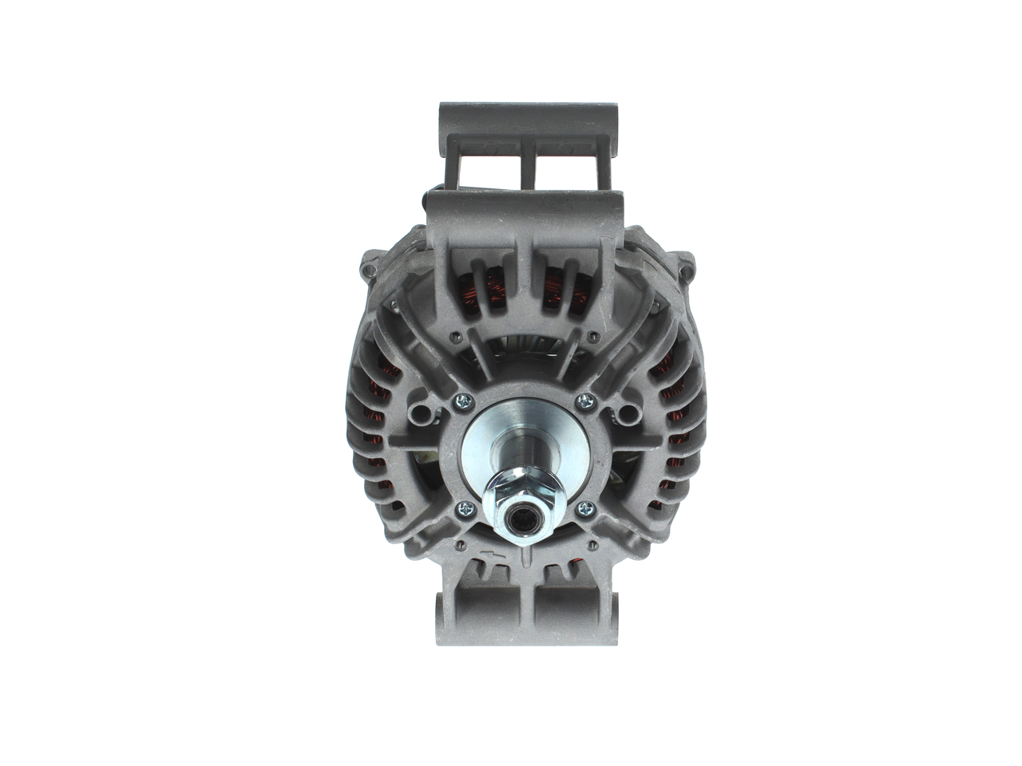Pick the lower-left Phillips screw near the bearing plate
click(465, 507)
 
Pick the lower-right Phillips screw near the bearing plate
click(587, 507)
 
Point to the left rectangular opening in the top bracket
click(489, 172)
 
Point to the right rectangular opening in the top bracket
click(563, 172)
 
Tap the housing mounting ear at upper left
click(370, 267)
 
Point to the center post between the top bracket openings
click(526, 172)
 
